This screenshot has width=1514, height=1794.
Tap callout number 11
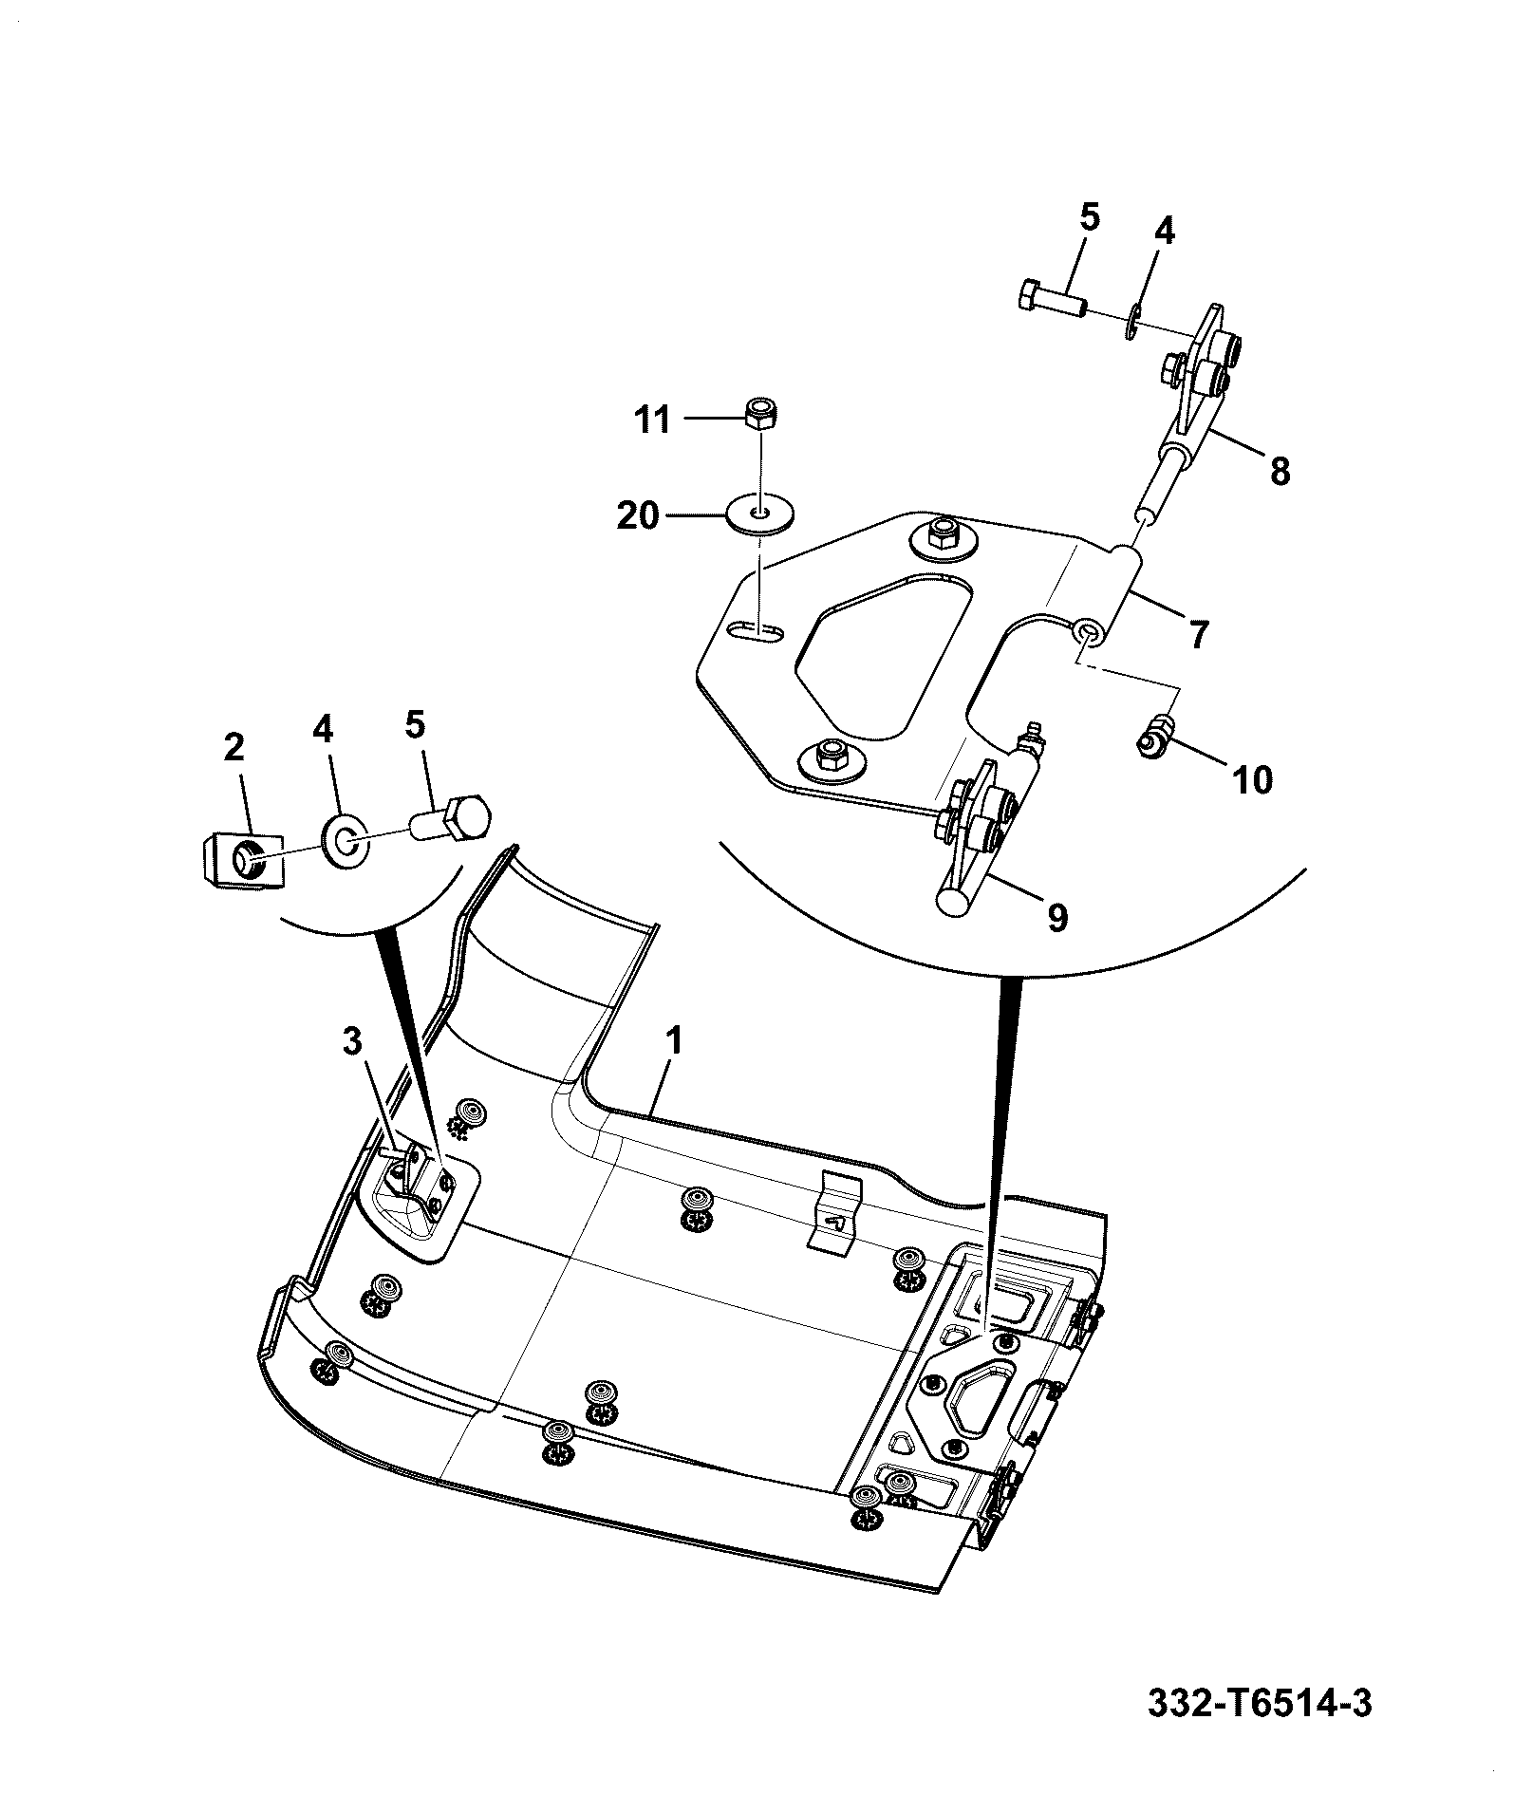pyautogui.click(x=652, y=420)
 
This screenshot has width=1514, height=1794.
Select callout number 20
pyautogui.click(x=638, y=517)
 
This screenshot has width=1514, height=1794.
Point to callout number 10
pyautogui.click(x=1252, y=780)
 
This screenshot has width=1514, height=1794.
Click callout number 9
pyautogui.click(x=1056, y=917)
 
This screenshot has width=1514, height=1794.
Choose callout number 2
pyautogui.click(x=234, y=747)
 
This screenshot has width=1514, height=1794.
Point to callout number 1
pyautogui.click(x=675, y=1041)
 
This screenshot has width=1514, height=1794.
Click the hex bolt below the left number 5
pyautogui.click(x=452, y=819)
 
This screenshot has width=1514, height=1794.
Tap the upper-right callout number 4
pyautogui.click(x=1164, y=231)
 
